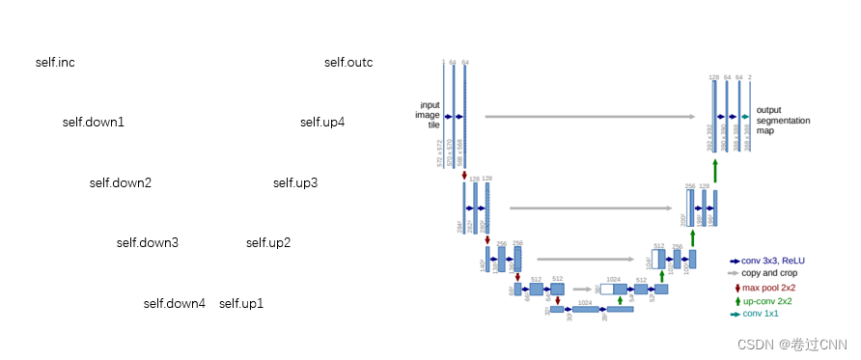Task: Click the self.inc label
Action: [x=55, y=63]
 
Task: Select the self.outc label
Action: [x=348, y=63]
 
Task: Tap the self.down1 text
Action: [x=94, y=123]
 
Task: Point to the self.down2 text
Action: [x=121, y=182]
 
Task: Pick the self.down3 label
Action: [x=148, y=243]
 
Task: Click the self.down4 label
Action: [x=175, y=303]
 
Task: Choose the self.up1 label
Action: [x=241, y=303]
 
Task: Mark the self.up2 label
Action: [x=268, y=243]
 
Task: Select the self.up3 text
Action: [x=295, y=182]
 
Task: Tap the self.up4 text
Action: [x=322, y=123]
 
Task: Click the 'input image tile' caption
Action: [x=428, y=115]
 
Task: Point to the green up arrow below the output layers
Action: [x=715, y=170]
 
